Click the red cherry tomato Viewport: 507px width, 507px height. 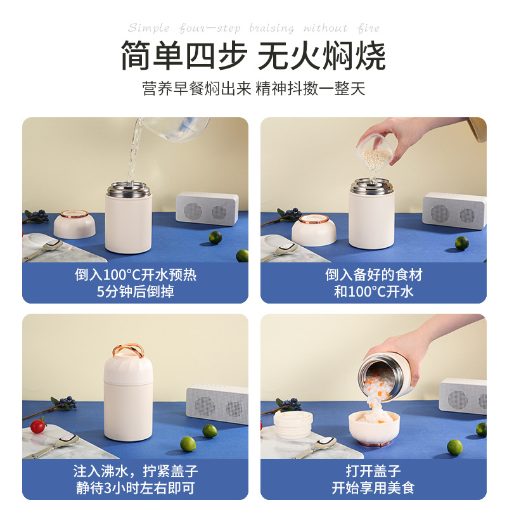pyautogui.click(x=38, y=426)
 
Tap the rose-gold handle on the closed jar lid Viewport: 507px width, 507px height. pyautogui.click(x=128, y=350)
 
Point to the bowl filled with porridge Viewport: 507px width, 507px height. pyautogui.click(x=374, y=427)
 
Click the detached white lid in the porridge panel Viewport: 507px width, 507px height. pyautogui.click(x=293, y=424)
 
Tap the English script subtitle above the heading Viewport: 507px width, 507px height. pyautogui.click(x=253, y=28)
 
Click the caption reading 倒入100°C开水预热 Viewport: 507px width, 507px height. pyautogui.click(x=136, y=275)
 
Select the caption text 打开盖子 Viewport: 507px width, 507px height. pyautogui.click(x=373, y=471)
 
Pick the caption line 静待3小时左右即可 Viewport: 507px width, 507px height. pyautogui.click(x=136, y=487)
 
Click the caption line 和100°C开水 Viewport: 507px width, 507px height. pyautogui.click(x=373, y=292)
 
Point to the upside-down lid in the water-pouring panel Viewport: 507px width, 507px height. pyautogui.click(x=74, y=224)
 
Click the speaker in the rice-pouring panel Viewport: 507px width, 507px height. pyautogui.click(x=454, y=210)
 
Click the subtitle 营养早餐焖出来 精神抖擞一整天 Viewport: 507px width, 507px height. pyautogui.click(x=253, y=88)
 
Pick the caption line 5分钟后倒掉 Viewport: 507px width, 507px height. pyautogui.click(x=136, y=292)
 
